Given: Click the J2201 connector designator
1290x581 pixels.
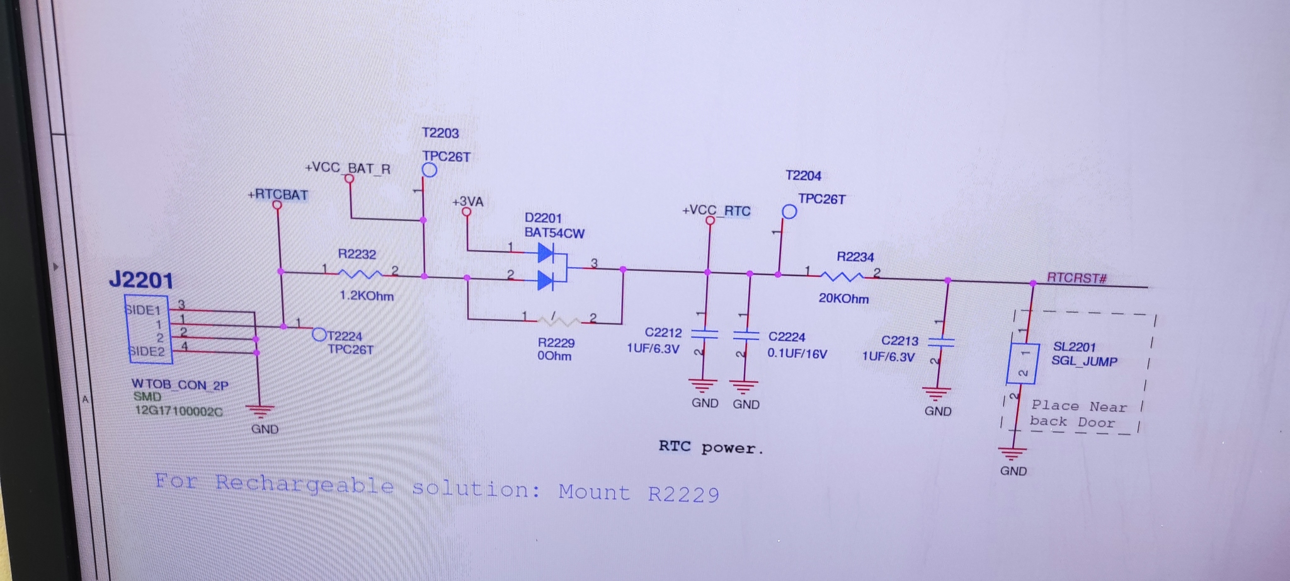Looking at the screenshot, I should click(x=140, y=280).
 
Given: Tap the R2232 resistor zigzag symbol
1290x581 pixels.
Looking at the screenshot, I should click(x=360, y=273).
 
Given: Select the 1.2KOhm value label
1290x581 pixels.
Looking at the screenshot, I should click(x=367, y=296).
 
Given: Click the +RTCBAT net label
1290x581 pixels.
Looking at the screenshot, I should click(x=278, y=195).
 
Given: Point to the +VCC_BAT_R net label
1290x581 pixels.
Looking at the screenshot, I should click(x=348, y=168).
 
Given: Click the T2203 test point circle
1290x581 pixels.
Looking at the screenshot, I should click(x=430, y=170).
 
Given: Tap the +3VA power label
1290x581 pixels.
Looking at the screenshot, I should click(x=467, y=202).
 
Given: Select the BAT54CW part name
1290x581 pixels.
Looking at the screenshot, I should click(x=554, y=233).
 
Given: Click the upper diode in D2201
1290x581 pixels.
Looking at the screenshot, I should click(x=545, y=253).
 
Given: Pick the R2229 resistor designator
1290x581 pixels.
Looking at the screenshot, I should click(x=556, y=342).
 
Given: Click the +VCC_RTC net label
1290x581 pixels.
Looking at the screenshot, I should click(x=716, y=210).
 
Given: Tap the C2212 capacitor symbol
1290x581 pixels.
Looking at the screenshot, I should click(x=704, y=334).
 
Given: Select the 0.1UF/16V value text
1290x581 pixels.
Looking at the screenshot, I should click(x=797, y=354).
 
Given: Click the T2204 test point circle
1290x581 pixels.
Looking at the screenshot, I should click(x=789, y=212).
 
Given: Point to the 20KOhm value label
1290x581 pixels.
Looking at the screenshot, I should click(x=843, y=298).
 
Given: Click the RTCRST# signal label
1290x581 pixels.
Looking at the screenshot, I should click(x=1076, y=278).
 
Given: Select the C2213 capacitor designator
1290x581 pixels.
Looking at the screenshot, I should click(x=899, y=341).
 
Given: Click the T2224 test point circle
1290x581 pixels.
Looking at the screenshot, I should click(x=319, y=335).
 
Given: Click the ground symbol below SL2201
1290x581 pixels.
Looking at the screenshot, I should click(x=1012, y=454).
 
